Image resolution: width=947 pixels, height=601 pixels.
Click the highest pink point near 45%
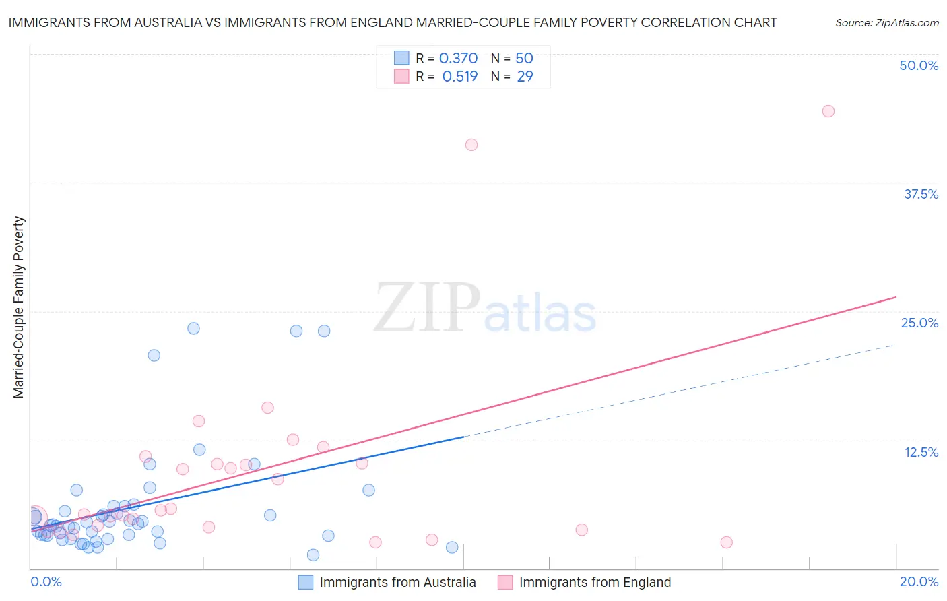[828, 111]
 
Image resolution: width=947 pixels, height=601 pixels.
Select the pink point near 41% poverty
[471, 145]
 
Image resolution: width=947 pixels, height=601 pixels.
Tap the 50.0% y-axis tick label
[919, 65]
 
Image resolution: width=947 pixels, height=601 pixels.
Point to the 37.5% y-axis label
[921, 194]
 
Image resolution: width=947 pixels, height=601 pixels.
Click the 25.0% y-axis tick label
[919, 323]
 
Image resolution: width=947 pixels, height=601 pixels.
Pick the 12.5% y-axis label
[921, 452]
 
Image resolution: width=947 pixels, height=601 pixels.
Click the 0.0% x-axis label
[46, 581]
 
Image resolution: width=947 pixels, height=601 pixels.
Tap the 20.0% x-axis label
[919, 581]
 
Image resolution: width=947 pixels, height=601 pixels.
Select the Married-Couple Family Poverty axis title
[19, 307]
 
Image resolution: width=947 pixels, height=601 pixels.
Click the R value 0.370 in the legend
[458, 59]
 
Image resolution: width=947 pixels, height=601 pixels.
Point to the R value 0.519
[459, 77]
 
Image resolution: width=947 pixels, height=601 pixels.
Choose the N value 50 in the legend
[524, 59]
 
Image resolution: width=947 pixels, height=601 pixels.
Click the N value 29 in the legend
[525, 77]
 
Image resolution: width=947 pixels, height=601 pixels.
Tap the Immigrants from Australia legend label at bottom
[397, 582]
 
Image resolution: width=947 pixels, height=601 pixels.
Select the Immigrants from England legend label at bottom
[595, 582]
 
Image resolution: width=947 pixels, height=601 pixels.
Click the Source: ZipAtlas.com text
[886, 23]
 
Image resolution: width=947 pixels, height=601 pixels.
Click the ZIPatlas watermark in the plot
[485, 309]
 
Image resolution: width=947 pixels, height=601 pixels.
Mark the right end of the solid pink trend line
[896, 297]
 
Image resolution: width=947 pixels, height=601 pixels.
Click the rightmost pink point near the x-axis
[726, 542]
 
